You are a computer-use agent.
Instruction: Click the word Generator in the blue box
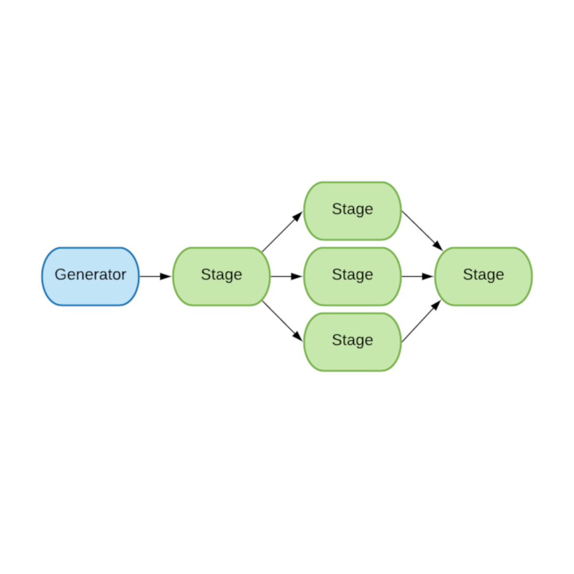90,275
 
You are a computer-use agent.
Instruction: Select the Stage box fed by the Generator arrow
221,276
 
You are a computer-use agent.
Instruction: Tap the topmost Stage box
353,210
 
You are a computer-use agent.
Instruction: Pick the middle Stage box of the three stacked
353,276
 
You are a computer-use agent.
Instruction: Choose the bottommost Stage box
353,342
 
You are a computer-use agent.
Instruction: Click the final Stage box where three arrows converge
483,276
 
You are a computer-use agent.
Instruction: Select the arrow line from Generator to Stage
151,276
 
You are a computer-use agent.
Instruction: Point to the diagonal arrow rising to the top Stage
280,234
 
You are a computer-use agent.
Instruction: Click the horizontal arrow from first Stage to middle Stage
282,276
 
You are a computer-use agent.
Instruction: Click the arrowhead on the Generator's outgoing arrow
166,276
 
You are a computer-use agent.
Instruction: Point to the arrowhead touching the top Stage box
298,217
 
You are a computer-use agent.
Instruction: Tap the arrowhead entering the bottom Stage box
298,336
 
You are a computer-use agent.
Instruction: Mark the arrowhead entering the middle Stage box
297,276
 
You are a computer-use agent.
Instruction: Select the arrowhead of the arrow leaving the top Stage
438,245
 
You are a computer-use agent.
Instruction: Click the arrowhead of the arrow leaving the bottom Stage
436,305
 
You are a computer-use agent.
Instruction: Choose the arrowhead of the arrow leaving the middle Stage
428,276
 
